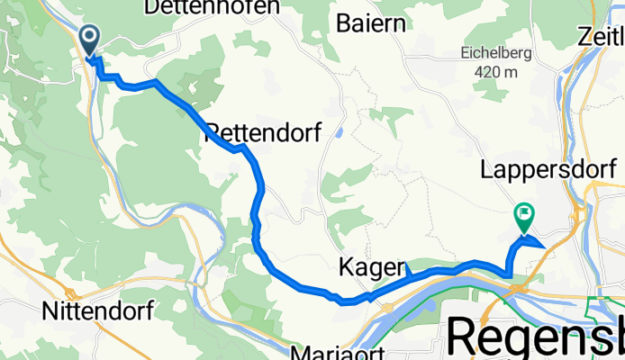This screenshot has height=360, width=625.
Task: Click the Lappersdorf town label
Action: point(548,168)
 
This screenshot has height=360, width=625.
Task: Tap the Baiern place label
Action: point(370,23)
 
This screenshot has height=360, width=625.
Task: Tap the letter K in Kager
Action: point(346,266)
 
